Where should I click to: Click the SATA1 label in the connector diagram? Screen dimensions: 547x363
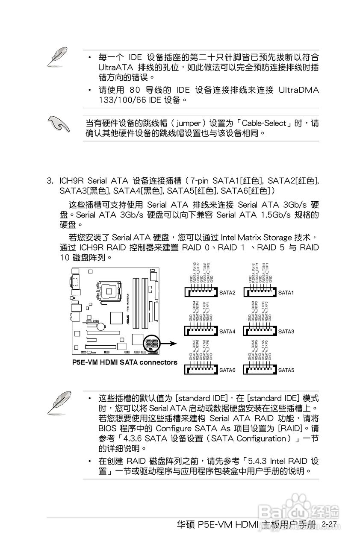coord(286,293)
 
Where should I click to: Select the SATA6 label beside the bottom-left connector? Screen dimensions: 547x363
coord(227,370)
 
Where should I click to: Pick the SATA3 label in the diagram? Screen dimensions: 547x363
coord(286,332)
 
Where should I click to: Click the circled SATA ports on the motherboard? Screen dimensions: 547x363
coord(152,343)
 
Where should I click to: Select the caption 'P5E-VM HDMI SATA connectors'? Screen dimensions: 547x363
coord(124,362)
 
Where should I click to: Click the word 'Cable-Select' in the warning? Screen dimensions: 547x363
coord(264,124)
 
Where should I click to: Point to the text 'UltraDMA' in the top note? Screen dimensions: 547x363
coord(298,90)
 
